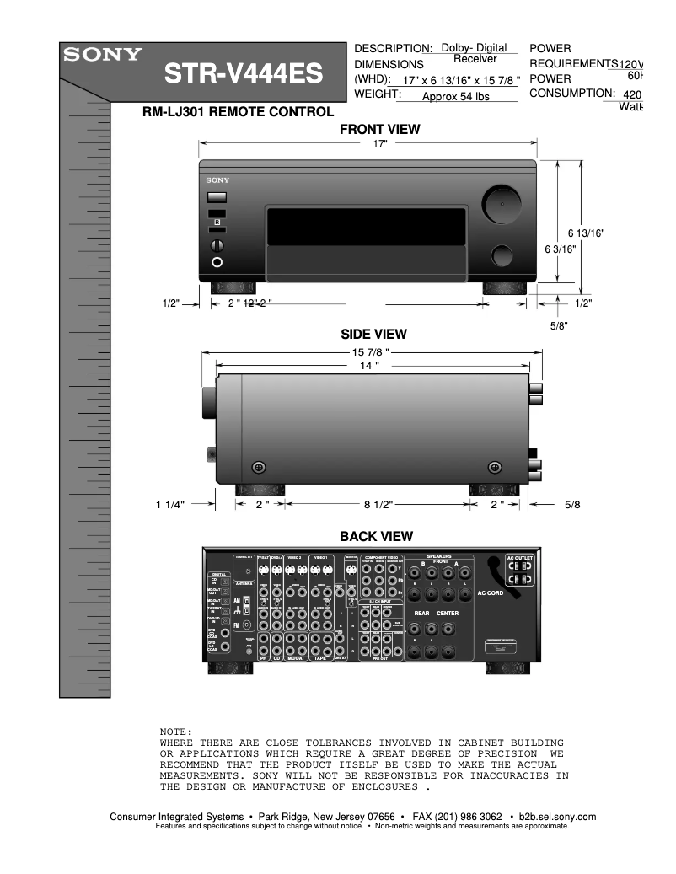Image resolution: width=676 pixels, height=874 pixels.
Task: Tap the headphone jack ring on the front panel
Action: [x=217, y=262]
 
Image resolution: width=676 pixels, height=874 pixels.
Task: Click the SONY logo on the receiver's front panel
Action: [x=217, y=180]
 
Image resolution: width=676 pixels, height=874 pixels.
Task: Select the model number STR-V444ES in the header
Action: [x=243, y=76]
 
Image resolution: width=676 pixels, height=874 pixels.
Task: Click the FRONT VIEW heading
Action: [x=379, y=130]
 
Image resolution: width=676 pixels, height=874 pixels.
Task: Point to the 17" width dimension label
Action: [x=381, y=144]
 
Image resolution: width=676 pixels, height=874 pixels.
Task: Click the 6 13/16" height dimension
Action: [x=586, y=233]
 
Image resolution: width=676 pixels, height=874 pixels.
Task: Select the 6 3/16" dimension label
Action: [x=560, y=249]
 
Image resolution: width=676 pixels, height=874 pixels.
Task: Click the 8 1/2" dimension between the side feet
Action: [x=378, y=504]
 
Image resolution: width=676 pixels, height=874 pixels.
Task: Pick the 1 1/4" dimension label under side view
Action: [x=169, y=504]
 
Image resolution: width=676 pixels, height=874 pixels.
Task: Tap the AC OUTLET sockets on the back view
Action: [x=520, y=572]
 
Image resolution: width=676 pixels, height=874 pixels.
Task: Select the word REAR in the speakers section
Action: [x=421, y=613]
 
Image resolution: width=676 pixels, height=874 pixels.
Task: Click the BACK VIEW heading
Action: [x=376, y=536]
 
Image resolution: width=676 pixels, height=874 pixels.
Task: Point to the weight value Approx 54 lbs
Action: [x=455, y=97]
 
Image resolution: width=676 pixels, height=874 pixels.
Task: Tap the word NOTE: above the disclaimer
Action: [x=176, y=731]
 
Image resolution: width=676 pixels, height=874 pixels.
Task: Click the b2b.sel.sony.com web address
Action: [x=558, y=817]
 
